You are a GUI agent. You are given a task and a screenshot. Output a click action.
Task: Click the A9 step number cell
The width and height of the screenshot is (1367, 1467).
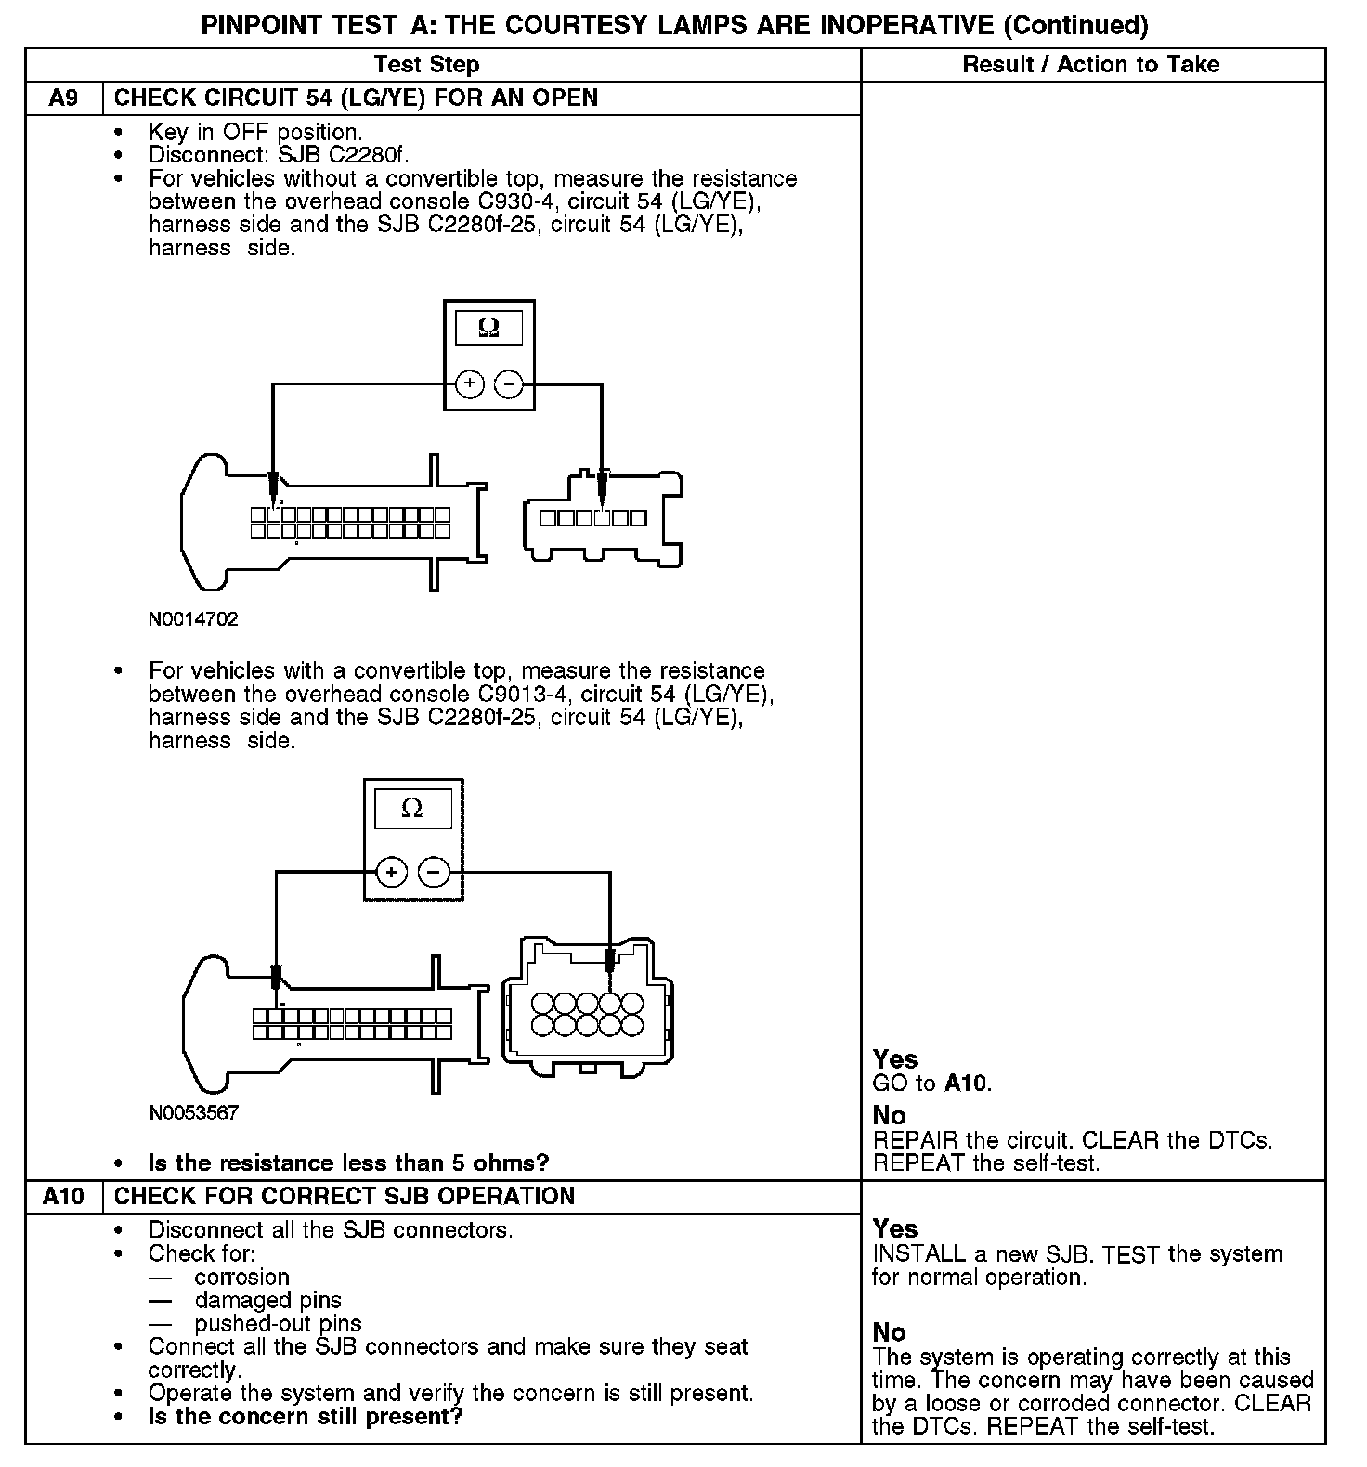[x=63, y=98]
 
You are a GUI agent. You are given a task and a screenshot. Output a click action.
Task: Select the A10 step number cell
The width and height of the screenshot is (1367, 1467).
[x=63, y=1196]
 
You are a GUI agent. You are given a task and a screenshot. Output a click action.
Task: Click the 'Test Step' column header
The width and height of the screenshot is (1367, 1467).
[x=426, y=64]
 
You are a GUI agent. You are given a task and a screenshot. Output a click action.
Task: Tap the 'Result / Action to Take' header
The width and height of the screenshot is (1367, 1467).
[x=1091, y=64]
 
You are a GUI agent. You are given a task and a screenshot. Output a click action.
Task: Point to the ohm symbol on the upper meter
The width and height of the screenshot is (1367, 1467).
[x=488, y=328]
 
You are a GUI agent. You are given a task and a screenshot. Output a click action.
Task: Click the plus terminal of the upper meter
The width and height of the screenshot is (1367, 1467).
[x=470, y=383]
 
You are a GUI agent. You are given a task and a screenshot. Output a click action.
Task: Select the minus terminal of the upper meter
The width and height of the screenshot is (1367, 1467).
[x=508, y=383]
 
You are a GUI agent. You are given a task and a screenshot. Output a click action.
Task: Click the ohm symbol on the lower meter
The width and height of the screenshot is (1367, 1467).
[x=411, y=809]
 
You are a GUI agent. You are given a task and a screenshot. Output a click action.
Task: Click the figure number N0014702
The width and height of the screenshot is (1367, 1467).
[x=193, y=619]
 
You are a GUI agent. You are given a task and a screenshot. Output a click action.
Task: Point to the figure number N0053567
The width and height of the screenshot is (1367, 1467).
[x=193, y=1112]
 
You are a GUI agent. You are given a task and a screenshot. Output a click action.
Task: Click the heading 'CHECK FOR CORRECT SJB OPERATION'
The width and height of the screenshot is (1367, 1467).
[x=344, y=1196]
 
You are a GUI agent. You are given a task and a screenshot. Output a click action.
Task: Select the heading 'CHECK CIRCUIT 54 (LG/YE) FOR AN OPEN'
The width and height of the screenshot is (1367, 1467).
[x=356, y=98]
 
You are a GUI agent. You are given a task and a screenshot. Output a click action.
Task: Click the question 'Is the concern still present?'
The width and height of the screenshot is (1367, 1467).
[x=306, y=1417]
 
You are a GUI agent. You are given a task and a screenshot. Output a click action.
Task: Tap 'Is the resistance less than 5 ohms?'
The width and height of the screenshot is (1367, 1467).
[x=348, y=1163]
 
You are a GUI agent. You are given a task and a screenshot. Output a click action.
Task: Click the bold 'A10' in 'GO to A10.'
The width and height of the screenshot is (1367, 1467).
[x=967, y=1083]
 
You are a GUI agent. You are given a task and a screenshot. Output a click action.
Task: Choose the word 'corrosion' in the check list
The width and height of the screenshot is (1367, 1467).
[x=241, y=1278]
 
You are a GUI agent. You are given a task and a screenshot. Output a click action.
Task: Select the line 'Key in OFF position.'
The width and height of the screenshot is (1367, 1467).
[x=254, y=133]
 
